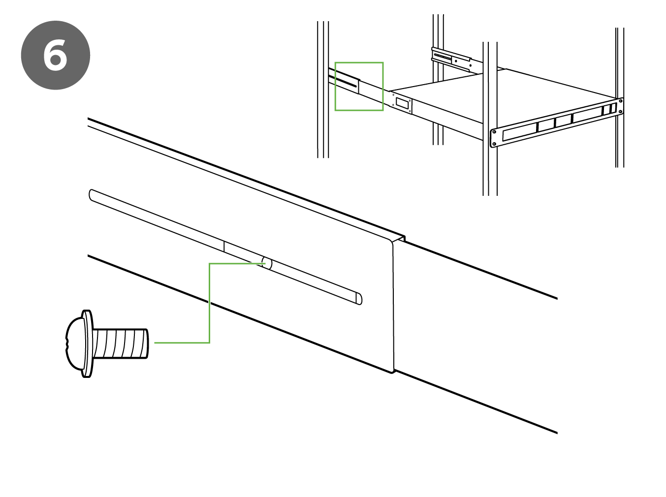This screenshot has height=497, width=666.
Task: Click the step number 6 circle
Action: coord(56,55)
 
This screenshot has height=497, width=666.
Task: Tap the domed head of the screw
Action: coord(74,343)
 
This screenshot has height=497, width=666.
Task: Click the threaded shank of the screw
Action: coord(121,343)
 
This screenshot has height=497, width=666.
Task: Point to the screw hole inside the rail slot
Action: coord(267,263)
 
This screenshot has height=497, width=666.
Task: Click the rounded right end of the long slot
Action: coord(358,299)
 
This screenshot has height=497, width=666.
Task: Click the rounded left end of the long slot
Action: coord(93,195)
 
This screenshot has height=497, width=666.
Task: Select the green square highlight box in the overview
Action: coord(359,86)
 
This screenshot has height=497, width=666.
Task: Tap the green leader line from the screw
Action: coord(209,305)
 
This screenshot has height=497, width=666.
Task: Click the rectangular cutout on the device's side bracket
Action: coord(402,103)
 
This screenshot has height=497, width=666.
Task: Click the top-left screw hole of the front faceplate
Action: coord(494,132)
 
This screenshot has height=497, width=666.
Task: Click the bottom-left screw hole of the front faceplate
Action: coord(494,144)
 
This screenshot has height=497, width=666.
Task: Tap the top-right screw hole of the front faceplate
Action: coord(620,101)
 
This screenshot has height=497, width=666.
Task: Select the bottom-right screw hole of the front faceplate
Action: coord(620,112)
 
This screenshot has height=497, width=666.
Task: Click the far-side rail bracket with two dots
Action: coord(450,58)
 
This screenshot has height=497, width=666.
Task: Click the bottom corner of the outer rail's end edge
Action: coord(393,371)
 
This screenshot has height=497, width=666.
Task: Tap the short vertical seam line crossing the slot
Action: coord(224,247)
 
